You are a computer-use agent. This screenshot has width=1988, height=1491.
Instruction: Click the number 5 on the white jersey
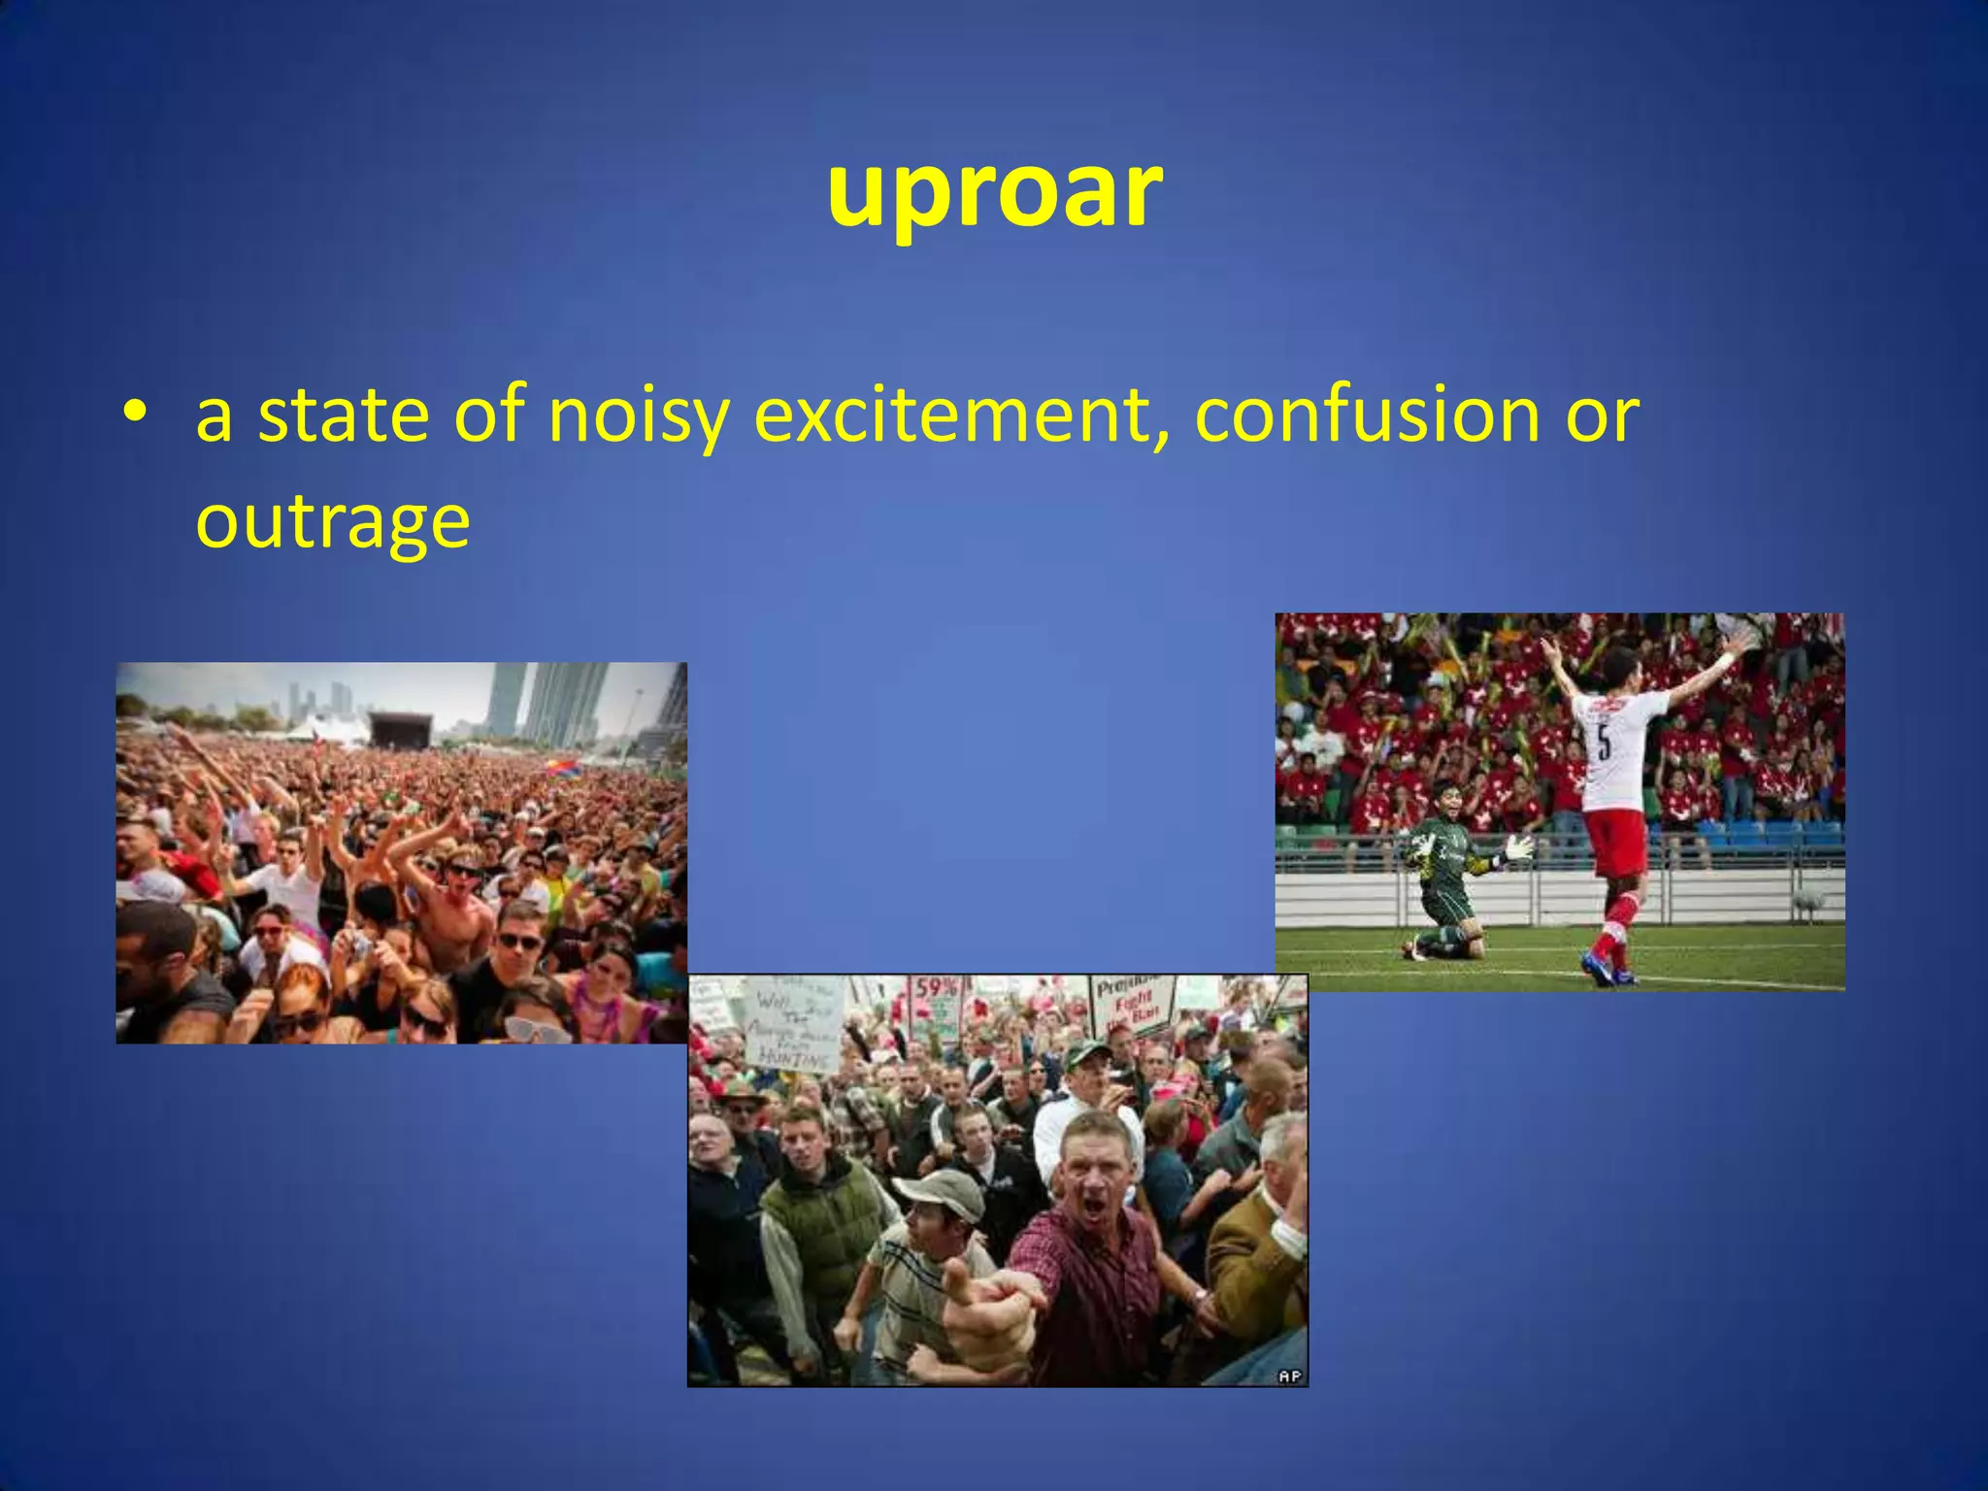pos(1603,743)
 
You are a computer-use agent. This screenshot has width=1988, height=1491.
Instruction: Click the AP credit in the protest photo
pos(1289,1375)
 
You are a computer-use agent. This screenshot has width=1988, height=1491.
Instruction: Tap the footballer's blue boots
pos(1602,969)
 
